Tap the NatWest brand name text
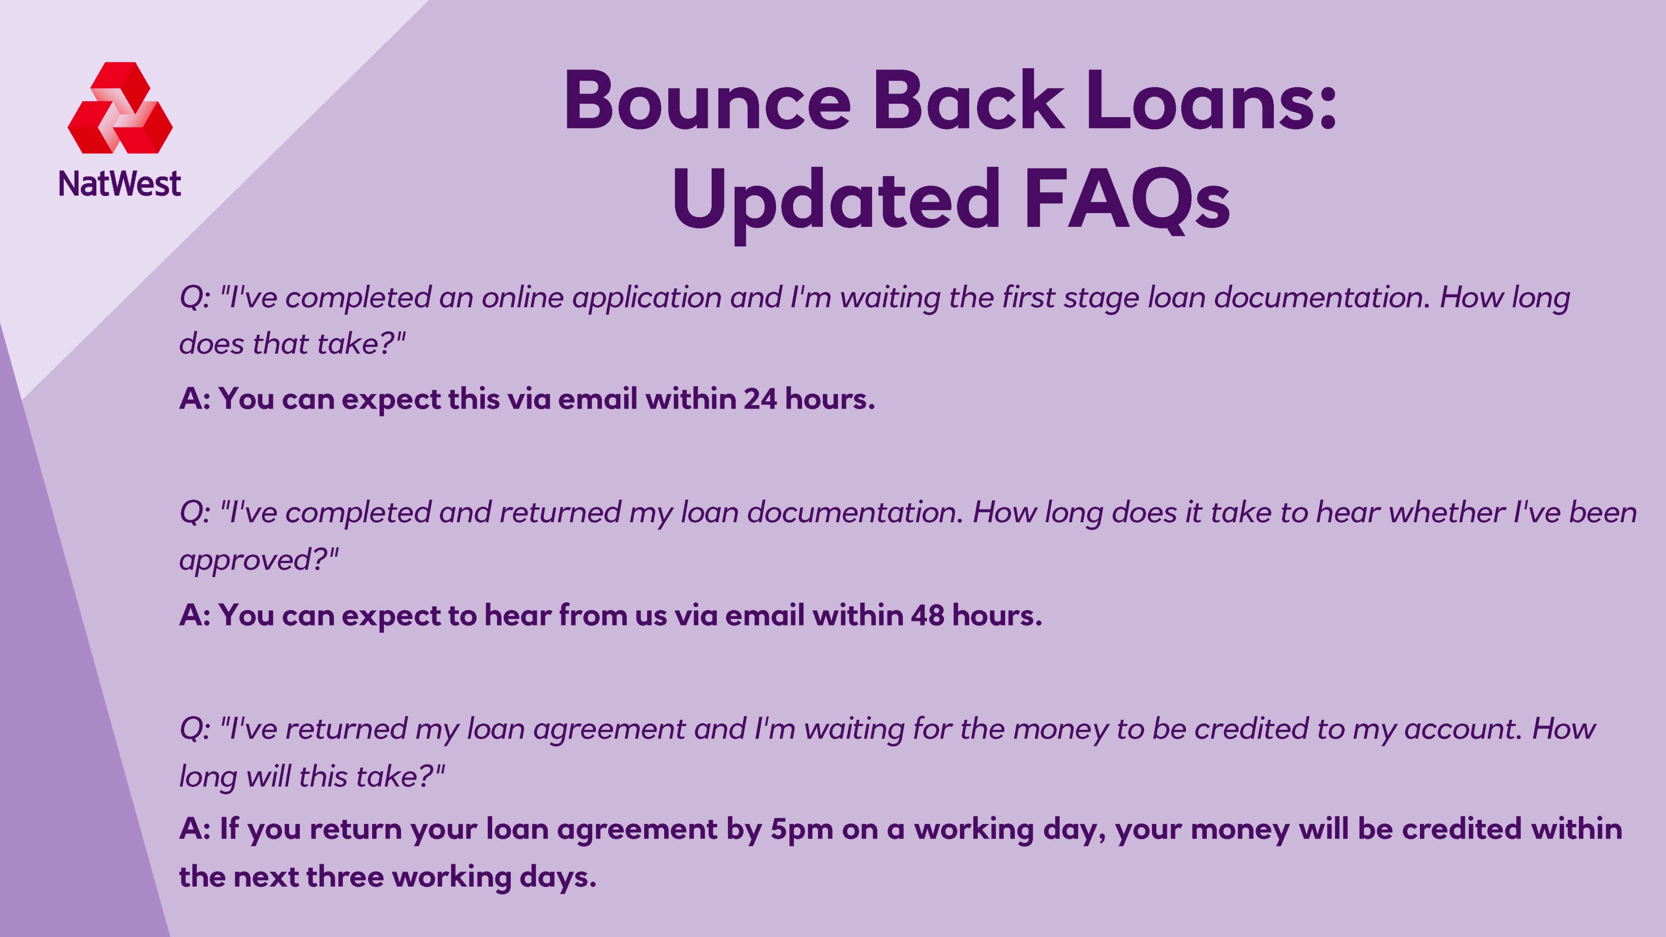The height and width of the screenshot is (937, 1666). pos(120,184)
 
